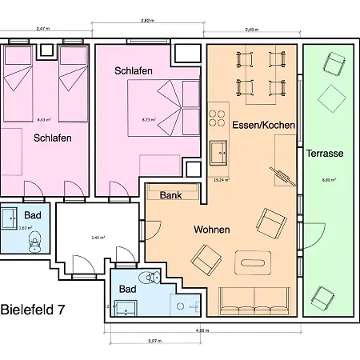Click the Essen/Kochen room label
(x=263, y=126)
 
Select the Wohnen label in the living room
(x=212, y=230)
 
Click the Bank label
(x=170, y=195)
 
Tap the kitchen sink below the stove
(x=218, y=150)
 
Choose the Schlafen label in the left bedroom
(x=53, y=138)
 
